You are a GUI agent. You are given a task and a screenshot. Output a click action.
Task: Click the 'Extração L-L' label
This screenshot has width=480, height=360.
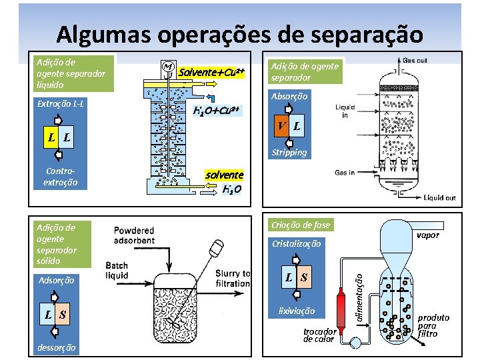(60, 103)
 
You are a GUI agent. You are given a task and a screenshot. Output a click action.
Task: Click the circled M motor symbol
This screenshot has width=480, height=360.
(167, 67)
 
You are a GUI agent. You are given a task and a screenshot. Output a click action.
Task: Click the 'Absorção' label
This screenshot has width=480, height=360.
(289, 97)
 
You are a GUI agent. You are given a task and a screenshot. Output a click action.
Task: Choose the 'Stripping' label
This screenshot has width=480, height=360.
(289, 152)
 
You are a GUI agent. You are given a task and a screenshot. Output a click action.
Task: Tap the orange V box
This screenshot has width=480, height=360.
(282, 126)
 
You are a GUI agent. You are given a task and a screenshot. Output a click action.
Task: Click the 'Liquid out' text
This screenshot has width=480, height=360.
(440, 198)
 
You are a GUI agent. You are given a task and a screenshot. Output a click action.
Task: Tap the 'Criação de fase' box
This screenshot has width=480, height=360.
(299, 225)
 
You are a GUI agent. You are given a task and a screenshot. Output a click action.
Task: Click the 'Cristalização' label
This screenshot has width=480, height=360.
(296, 244)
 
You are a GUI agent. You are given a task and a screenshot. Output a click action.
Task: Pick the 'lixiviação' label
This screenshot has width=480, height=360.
(297, 311)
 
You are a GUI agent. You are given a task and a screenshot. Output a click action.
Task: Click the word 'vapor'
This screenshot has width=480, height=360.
(427, 235)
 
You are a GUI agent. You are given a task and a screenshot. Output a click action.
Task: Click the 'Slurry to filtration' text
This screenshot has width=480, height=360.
(233, 278)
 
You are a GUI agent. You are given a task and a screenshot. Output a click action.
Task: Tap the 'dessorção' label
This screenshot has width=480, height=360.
(57, 347)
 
